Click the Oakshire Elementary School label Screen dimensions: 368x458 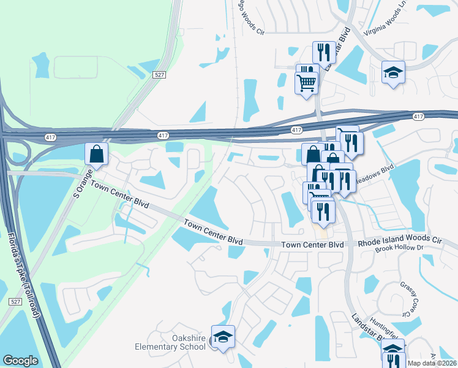[171, 342]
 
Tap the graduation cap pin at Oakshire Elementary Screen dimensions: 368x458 [223, 337]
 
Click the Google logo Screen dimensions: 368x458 [20, 361]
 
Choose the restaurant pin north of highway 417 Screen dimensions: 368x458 [324, 53]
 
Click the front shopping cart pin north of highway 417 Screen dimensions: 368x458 [306, 82]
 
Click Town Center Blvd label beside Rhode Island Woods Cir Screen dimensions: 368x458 [312, 245]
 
